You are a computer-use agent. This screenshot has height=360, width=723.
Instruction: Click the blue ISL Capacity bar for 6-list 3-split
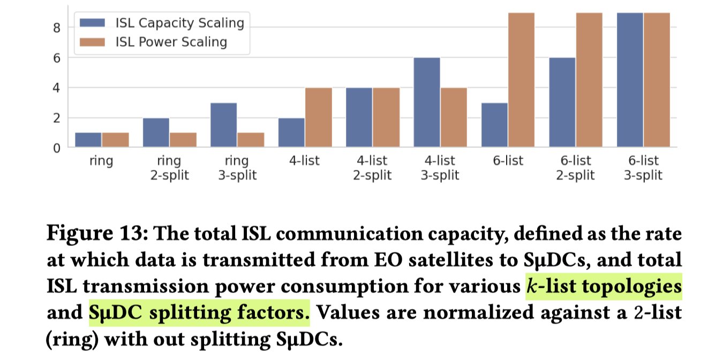630,80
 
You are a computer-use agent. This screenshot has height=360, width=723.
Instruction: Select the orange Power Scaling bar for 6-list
521,80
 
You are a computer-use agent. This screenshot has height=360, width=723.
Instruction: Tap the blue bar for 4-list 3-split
426,102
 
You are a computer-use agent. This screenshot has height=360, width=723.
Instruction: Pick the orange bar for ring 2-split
183,140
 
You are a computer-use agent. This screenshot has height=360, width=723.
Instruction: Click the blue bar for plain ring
88,140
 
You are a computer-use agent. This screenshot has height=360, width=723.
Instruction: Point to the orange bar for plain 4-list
318,117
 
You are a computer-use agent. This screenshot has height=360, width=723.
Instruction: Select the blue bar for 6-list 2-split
562,102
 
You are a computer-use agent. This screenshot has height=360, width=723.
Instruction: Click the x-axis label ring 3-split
237,168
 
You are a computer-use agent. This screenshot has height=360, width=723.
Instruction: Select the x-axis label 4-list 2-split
372,168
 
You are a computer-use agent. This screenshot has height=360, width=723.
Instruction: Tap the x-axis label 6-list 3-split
643,168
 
